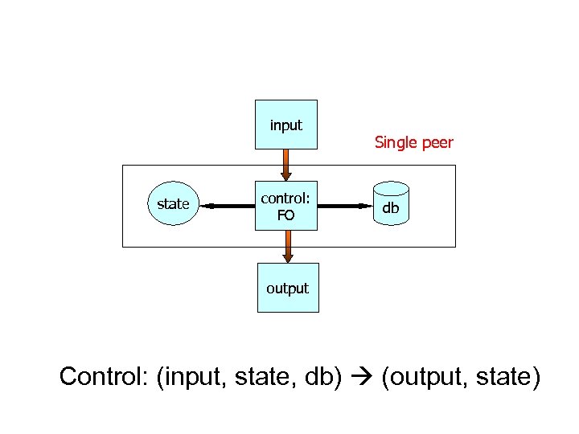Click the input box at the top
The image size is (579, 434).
click(285, 125)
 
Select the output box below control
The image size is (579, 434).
click(287, 288)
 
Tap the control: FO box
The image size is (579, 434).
click(285, 206)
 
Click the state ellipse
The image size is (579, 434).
click(174, 205)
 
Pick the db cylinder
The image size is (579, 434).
click(391, 207)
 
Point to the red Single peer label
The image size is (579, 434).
click(413, 143)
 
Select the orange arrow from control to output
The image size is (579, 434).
click(288, 247)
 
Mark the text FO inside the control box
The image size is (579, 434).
click(285, 215)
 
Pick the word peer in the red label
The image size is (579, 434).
click(436, 143)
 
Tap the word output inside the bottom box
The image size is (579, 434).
click(287, 288)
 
